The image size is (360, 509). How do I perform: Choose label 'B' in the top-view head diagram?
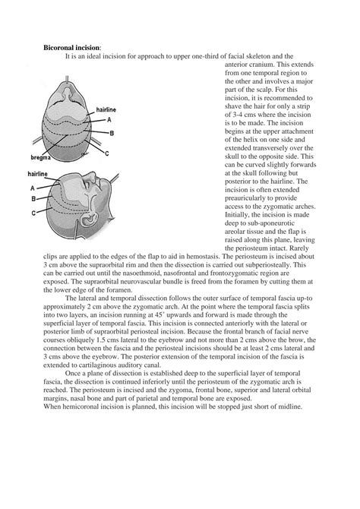112,133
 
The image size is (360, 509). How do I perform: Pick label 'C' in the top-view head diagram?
107,153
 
